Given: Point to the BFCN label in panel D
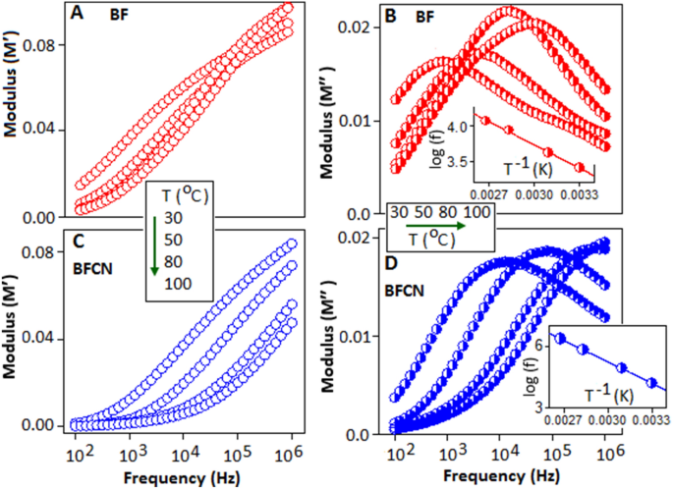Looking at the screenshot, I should [405, 292].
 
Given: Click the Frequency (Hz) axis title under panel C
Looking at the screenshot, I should [186, 478].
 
